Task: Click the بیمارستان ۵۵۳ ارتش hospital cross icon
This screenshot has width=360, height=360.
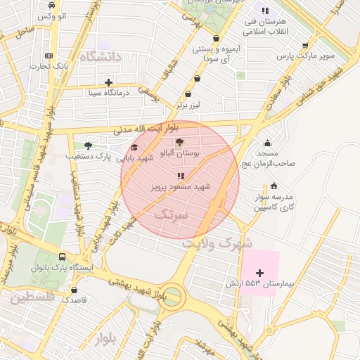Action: [x=259, y=273]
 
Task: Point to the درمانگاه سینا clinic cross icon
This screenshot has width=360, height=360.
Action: [x=108, y=82]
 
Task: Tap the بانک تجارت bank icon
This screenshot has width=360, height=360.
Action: [x=49, y=56]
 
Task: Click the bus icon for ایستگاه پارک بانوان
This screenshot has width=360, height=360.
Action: [x=63, y=258]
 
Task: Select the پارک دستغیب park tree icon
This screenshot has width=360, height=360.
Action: [x=87, y=146]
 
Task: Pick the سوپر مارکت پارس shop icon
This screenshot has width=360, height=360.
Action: [x=304, y=45]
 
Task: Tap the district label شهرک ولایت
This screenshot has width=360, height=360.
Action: [x=217, y=243]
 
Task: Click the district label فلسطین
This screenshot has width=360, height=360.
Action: [x=31, y=297]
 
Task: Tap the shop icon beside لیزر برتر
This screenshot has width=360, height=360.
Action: [x=188, y=94]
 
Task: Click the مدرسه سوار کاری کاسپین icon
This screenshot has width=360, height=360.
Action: [x=273, y=186]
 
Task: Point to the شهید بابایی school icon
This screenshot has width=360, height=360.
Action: [x=134, y=148]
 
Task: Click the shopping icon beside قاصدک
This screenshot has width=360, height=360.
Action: [x=75, y=289]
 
